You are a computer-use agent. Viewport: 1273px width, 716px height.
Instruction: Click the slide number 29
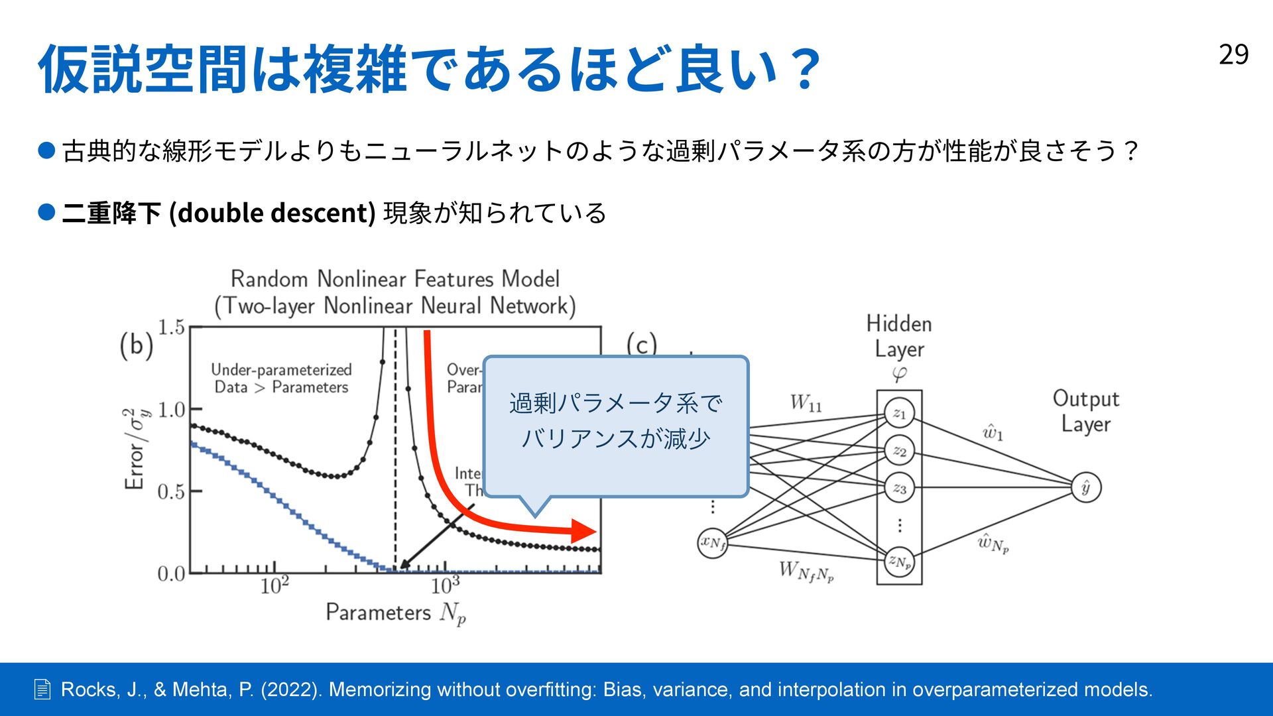click(x=1233, y=54)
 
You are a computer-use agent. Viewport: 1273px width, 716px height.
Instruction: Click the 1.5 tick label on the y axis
click(x=171, y=328)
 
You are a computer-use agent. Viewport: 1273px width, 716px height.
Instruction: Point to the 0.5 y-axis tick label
click(x=171, y=492)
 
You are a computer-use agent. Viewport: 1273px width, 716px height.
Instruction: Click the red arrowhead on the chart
click(x=585, y=531)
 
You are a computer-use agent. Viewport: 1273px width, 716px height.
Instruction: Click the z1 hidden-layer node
click(x=899, y=414)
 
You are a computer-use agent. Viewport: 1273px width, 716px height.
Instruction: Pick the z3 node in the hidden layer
click(x=899, y=489)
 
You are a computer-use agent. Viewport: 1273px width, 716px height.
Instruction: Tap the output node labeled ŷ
click(x=1086, y=488)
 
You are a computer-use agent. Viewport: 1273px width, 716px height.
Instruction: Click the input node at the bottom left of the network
click(x=713, y=543)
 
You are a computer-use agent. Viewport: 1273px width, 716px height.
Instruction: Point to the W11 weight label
click(x=806, y=403)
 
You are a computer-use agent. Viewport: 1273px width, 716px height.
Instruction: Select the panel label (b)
click(x=137, y=345)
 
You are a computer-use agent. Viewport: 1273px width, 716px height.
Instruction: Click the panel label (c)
click(x=641, y=344)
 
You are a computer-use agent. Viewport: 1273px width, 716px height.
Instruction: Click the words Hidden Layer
click(x=899, y=336)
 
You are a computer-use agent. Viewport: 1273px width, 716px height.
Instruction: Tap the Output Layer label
click(x=1085, y=411)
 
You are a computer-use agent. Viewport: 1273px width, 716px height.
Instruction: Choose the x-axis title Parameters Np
click(x=396, y=613)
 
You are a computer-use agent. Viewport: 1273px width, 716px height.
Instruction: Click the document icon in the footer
click(x=42, y=690)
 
